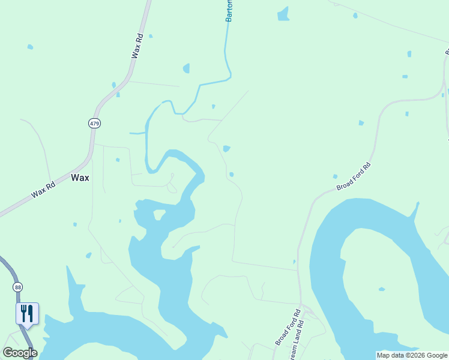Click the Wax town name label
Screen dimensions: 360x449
click(80, 178)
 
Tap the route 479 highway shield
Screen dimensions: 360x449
click(94, 123)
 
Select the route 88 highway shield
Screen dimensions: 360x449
click(18, 287)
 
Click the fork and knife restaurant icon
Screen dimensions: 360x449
click(27, 313)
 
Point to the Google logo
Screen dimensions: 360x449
click(20, 353)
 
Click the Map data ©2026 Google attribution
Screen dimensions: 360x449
click(412, 355)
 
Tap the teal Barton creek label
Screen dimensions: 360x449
click(229, 11)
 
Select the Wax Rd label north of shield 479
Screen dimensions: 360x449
click(137, 46)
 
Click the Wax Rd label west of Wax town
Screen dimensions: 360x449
click(43, 190)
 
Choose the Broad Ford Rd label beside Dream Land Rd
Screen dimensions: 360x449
click(288, 328)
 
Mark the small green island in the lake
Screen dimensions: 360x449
click(160, 214)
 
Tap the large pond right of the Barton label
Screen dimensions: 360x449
click(283, 14)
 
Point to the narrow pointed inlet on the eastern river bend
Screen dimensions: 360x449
click(414, 211)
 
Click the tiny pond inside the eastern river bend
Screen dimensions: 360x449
click(382, 289)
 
